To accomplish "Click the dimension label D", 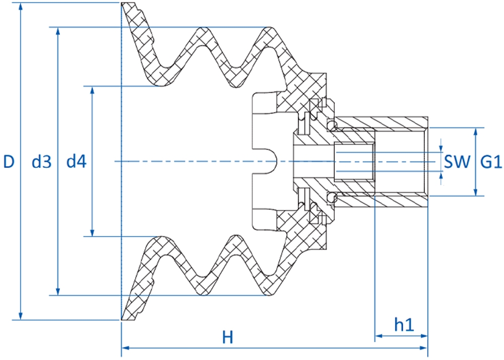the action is pyautogui.click(x=9, y=161).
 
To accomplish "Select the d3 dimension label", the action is pyautogui.click(x=41, y=161).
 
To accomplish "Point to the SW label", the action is pyautogui.click(x=457, y=162).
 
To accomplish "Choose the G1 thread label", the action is pyautogui.click(x=491, y=162).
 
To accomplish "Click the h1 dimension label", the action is pyautogui.click(x=404, y=325).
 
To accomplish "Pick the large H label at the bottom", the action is pyautogui.click(x=228, y=337).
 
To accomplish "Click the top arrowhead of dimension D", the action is pyautogui.click(x=21, y=7).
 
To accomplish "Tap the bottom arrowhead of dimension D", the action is pyautogui.click(x=21, y=316).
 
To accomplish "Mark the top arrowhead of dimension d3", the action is pyautogui.click(x=58, y=31).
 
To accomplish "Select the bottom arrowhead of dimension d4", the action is pyautogui.click(x=93, y=232).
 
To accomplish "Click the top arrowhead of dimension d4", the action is pyautogui.click(x=93, y=90).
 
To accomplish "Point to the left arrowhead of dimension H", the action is pyautogui.click(x=125, y=348).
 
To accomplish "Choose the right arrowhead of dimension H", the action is pyautogui.click(x=423, y=348).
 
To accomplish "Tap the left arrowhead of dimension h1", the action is pyautogui.click(x=380, y=336).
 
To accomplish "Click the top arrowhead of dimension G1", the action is pyautogui.click(x=476, y=132).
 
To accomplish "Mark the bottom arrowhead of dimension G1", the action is pyautogui.click(x=476, y=192).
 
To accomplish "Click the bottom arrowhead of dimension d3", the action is pyautogui.click(x=58, y=291).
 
